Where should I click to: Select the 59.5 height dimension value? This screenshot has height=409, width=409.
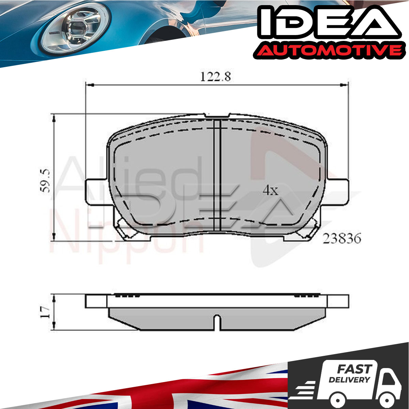[45, 181]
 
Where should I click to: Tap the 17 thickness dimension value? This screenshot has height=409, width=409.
[45, 312]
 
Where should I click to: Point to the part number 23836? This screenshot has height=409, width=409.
[342, 238]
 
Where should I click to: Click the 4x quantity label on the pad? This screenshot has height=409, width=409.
[270, 191]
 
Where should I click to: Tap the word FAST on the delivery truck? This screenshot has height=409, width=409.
[354, 369]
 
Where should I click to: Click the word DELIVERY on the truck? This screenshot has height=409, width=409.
[349, 380]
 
